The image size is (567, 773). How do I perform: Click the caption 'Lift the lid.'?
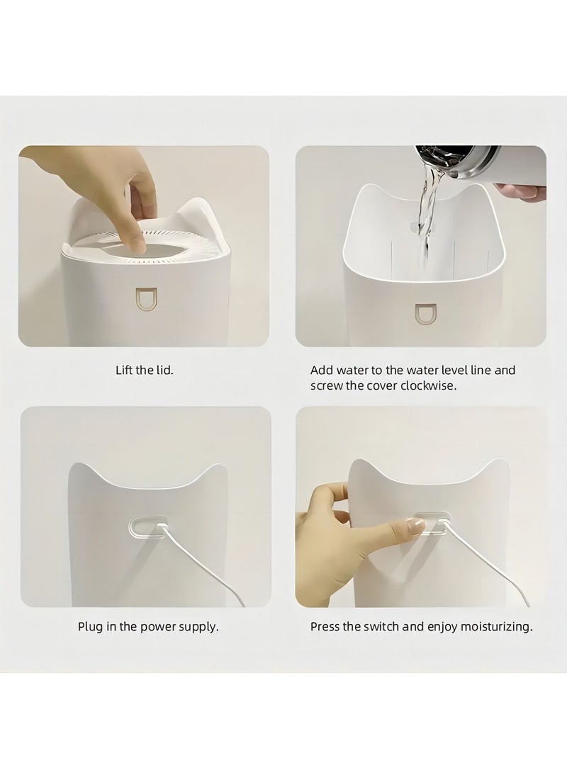click(145, 370)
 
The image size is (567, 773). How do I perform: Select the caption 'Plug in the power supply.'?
click(148, 627)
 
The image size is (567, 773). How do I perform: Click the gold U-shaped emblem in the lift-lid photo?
click(146, 300)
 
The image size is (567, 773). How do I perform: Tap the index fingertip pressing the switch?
click(413, 526)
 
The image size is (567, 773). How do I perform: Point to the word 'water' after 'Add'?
click(351, 371)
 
